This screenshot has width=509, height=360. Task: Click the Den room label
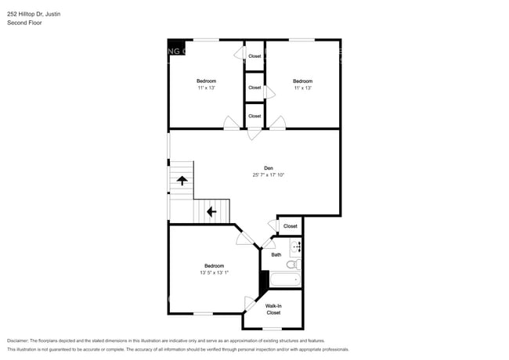pos(268,167)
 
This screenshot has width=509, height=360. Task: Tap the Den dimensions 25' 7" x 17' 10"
pos(268,175)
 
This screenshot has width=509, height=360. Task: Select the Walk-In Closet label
pos(273,309)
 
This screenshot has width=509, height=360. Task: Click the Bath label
pos(276,254)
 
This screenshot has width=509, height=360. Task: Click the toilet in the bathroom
pos(292,265)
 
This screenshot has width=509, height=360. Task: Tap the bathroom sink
pos(296,249)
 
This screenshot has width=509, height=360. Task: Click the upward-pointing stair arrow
pos(182,180)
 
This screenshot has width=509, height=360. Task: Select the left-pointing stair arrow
pos(211,211)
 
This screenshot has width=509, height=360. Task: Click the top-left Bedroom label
pos(206,81)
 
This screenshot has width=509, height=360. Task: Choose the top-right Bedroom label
pos(303,81)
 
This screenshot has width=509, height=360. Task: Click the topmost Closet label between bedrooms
pos(254,56)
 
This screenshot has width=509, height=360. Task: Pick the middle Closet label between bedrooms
pos(254,88)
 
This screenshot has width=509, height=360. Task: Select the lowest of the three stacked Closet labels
pos(254,116)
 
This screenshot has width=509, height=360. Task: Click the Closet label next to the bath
pos(291,226)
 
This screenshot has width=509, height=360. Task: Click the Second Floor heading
pos(24,23)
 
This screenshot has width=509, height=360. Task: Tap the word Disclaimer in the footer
pos(19,341)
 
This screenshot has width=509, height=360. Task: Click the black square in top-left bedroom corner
pos(176,46)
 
